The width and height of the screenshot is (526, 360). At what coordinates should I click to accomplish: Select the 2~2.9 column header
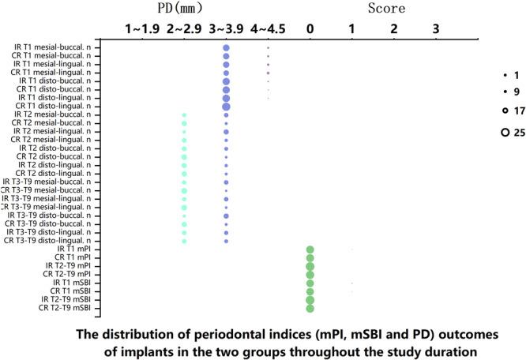click(185, 30)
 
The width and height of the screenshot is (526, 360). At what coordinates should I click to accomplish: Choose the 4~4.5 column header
click(268, 30)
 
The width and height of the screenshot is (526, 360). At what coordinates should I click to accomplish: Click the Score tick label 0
click(310, 30)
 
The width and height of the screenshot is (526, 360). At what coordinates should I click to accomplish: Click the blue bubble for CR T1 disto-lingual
click(227, 106)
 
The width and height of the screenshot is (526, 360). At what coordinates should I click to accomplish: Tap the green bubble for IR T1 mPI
click(310, 249)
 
